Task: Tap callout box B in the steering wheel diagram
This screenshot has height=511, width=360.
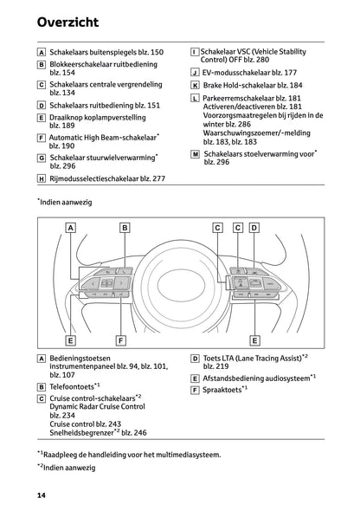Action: [x=125, y=228]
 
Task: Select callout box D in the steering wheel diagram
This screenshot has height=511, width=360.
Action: [x=254, y=228]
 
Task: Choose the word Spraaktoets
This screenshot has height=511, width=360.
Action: [x=225, y=390]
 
